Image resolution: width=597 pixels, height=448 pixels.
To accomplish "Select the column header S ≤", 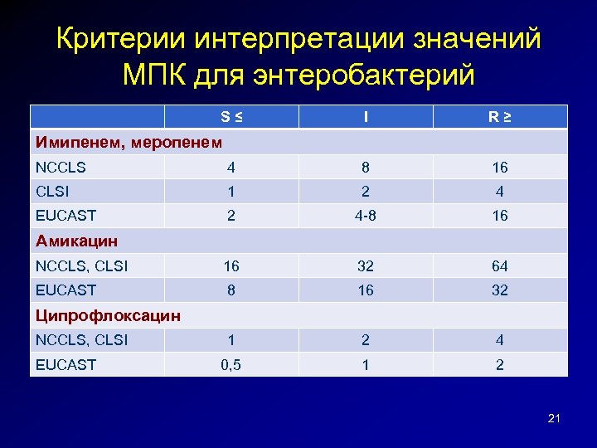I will pyautogui.click(x=232, y=117).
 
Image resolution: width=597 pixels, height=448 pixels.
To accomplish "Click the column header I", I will pyautogui.click(x=366, y=117).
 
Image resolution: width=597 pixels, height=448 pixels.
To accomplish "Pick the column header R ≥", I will pyautogui.click(x=499, y=117).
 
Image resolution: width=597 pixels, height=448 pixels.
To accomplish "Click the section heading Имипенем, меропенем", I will pyautogui.click(x=129, y=142).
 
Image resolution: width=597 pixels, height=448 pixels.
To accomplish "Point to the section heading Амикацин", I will pyautogui.click(x=76, y=241).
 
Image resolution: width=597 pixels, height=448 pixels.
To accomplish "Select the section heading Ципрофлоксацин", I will pyautogui.click(x=108, y=315).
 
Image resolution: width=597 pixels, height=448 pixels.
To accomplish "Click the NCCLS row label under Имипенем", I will pyautogui.click(x=61, y=168).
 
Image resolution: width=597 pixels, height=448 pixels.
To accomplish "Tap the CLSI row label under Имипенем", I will pyautogui.click(x=53, y=192).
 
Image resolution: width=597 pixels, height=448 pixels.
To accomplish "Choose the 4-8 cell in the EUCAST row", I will pyautogui.click(x=366, y=216).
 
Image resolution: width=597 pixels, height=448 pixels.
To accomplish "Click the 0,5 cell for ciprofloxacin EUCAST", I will pyautogui.click(x=231, y=364).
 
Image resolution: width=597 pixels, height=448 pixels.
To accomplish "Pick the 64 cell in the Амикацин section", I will pyautogui.click(x=499, y=266).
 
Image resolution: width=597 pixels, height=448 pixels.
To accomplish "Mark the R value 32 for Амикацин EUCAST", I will pyautogui.click(x=499, y=290).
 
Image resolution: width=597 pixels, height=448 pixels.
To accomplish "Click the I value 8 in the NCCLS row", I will pyautogui.click(x=366, y=168).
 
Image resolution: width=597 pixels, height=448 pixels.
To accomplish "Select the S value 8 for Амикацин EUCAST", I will pyautogui.click(x=231, y=290).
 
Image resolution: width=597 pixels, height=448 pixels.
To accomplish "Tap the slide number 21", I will pyautogui.click(x=554, y=419).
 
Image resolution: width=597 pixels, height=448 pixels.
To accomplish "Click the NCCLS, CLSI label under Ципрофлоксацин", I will pyautogui.click(x=81, y=340).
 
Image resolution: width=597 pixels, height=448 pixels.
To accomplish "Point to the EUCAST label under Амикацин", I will pyautogui.click(x=66, y=290).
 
